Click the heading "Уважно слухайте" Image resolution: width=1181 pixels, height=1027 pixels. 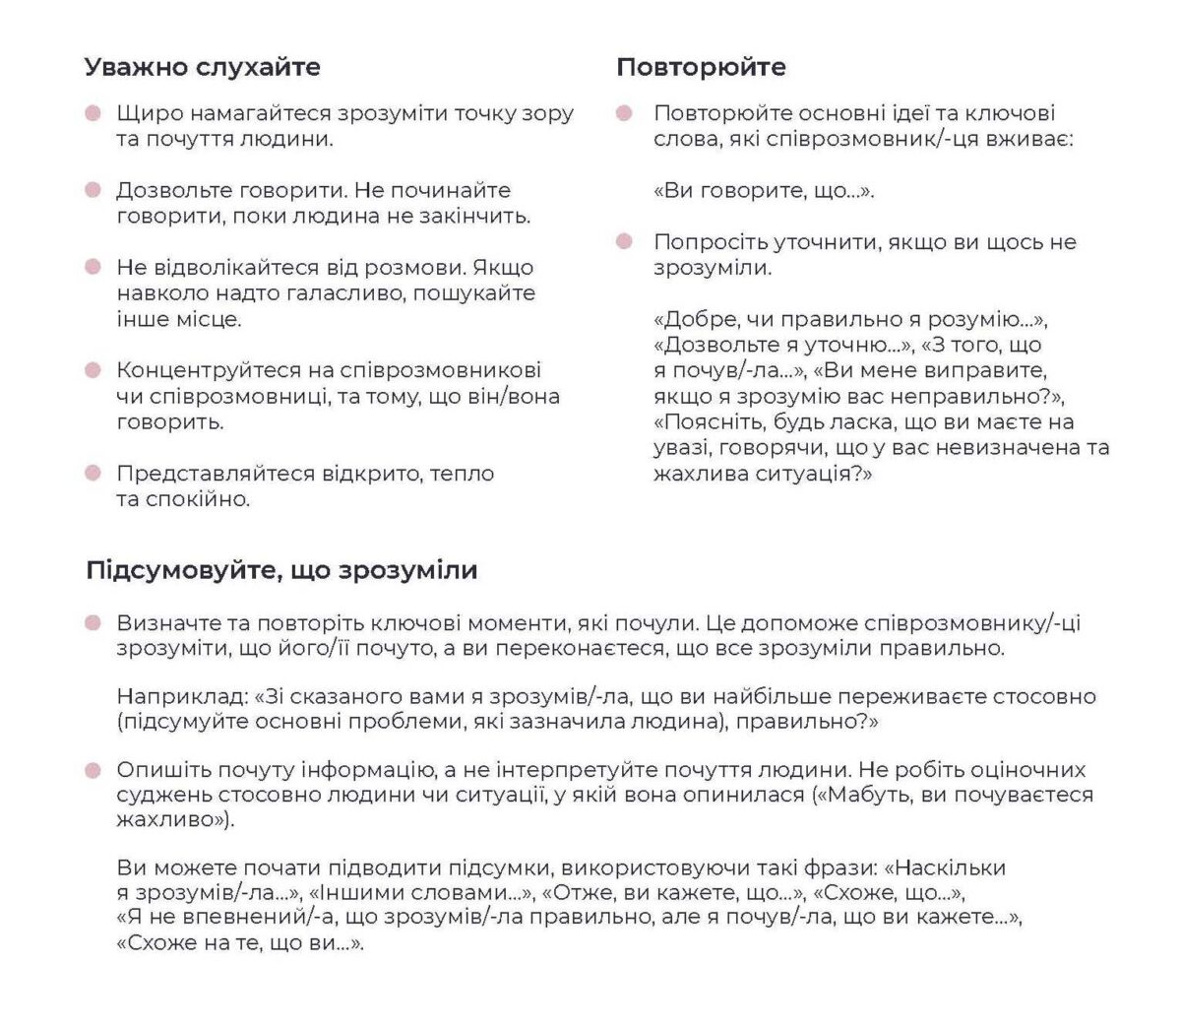(x=202, y=67)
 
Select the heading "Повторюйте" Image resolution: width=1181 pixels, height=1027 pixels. (x=701, y=67)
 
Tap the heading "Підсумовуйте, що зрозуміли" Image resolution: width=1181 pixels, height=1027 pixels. (x=281, y=570)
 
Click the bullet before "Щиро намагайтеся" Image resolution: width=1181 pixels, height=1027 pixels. (x=93, y=113)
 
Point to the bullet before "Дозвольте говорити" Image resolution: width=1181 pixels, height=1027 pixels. (x=93, y=190)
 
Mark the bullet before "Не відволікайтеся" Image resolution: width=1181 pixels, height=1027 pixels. (x=93, y=267)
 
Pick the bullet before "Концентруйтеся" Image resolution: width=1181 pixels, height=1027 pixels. (x=93, y=370)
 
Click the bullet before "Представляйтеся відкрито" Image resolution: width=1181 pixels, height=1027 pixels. (x=93, y=474)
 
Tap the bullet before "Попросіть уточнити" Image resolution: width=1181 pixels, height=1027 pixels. (x=624, y=241)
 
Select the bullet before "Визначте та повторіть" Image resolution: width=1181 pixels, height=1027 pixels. (x=93, y=623)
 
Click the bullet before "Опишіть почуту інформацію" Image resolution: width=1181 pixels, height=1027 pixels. (x=93, y=770)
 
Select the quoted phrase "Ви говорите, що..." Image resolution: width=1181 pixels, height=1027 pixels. (x=764, y=190)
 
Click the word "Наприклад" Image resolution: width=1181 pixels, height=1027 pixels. (x=182, y=696)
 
